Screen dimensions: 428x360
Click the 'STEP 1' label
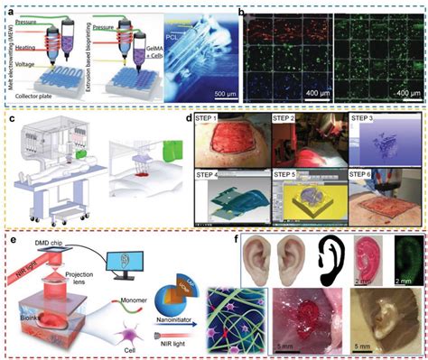211,118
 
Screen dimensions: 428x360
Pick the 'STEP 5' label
289,171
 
